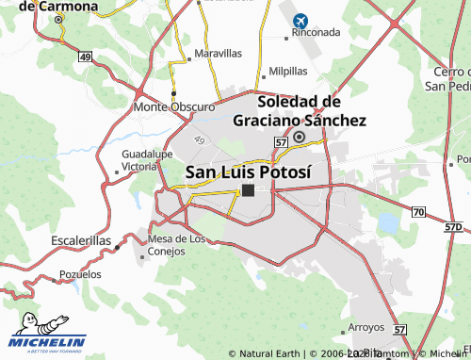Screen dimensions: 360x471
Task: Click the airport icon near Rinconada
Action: pos(301,20)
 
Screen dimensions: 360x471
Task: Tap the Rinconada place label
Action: pos(315,32)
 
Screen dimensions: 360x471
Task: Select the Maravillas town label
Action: pos(218,54)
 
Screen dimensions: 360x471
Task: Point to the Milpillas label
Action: pos(288,71)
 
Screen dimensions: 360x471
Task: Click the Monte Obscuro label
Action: pos(174,106)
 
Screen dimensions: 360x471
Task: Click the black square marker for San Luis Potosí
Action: pos(248,189)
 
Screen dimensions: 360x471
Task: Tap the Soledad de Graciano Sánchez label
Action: pos(299,110)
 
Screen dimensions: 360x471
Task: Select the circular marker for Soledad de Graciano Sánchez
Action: pos(299,138)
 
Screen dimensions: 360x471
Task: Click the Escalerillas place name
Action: pos(81,241)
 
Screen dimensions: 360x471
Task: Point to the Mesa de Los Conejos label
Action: pos(177,244)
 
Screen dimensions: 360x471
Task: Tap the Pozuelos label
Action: pos(80,274)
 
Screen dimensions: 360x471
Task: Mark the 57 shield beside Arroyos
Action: pos(400,330)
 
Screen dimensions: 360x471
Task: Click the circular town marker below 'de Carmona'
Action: pos(58,19)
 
